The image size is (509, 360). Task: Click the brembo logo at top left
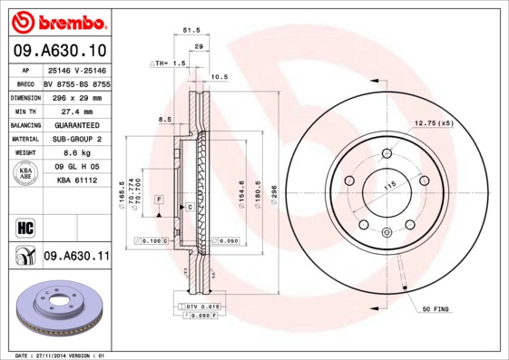point(59,21)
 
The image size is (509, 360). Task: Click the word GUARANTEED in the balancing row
point(76,124)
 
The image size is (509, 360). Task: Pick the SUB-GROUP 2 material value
point(76,139)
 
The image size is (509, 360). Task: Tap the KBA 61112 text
point(76,180)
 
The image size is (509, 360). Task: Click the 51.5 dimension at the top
point(191,30)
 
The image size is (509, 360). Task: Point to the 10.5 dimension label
point(219,77)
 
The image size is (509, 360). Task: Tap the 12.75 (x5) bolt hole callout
point(433,122)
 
